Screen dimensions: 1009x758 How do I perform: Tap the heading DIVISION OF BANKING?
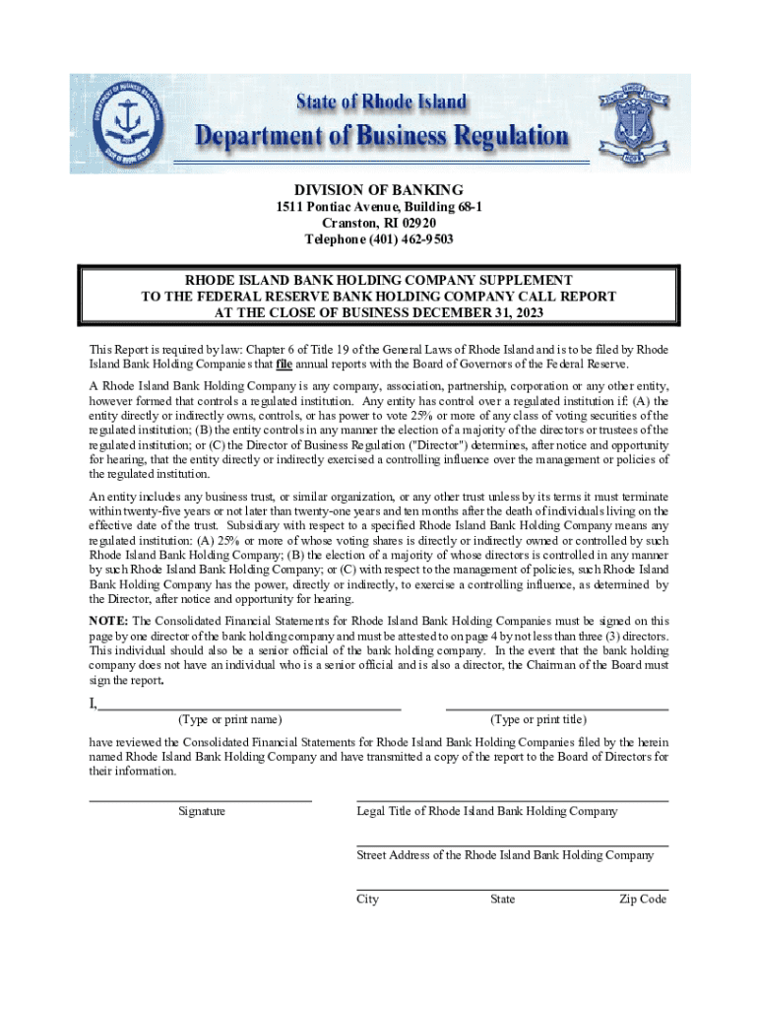(379, 189)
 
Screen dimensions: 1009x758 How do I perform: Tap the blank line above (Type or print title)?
(557, 708)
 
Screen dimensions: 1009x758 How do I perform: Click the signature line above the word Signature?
(201, 801)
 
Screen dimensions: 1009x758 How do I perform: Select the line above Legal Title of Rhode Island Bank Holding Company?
(512, 801)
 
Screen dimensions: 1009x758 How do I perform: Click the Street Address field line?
(512, 845)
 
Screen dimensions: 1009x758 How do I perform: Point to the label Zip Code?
(643, 900)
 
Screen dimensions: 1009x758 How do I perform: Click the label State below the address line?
(502, 900)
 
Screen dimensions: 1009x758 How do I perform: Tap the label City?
(367, 900)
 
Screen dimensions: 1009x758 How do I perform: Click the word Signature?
(201, 812)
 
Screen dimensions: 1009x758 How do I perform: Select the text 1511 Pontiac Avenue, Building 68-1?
(379, 207)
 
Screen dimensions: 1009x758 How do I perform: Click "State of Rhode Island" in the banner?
(382, 102)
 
